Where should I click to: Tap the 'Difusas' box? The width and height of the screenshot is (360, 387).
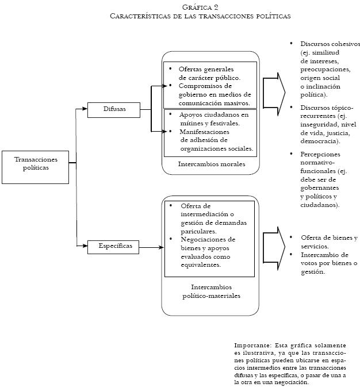click(114, 108)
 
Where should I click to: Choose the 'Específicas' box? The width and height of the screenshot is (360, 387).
click(114, 247)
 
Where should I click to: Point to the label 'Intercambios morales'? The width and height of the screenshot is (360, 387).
click(211, 164)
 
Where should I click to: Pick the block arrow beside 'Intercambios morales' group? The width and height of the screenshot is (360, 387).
click(274, 91)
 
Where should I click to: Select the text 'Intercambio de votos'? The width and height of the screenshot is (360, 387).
click(324, 259)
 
